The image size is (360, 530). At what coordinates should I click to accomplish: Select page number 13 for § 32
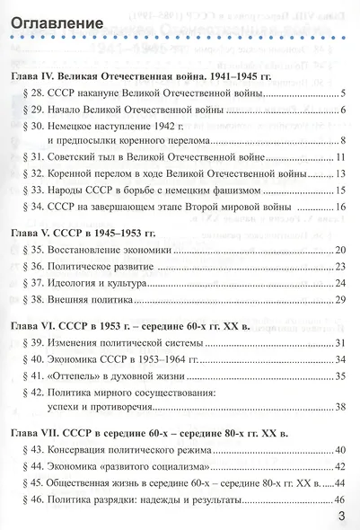click(340, 174)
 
